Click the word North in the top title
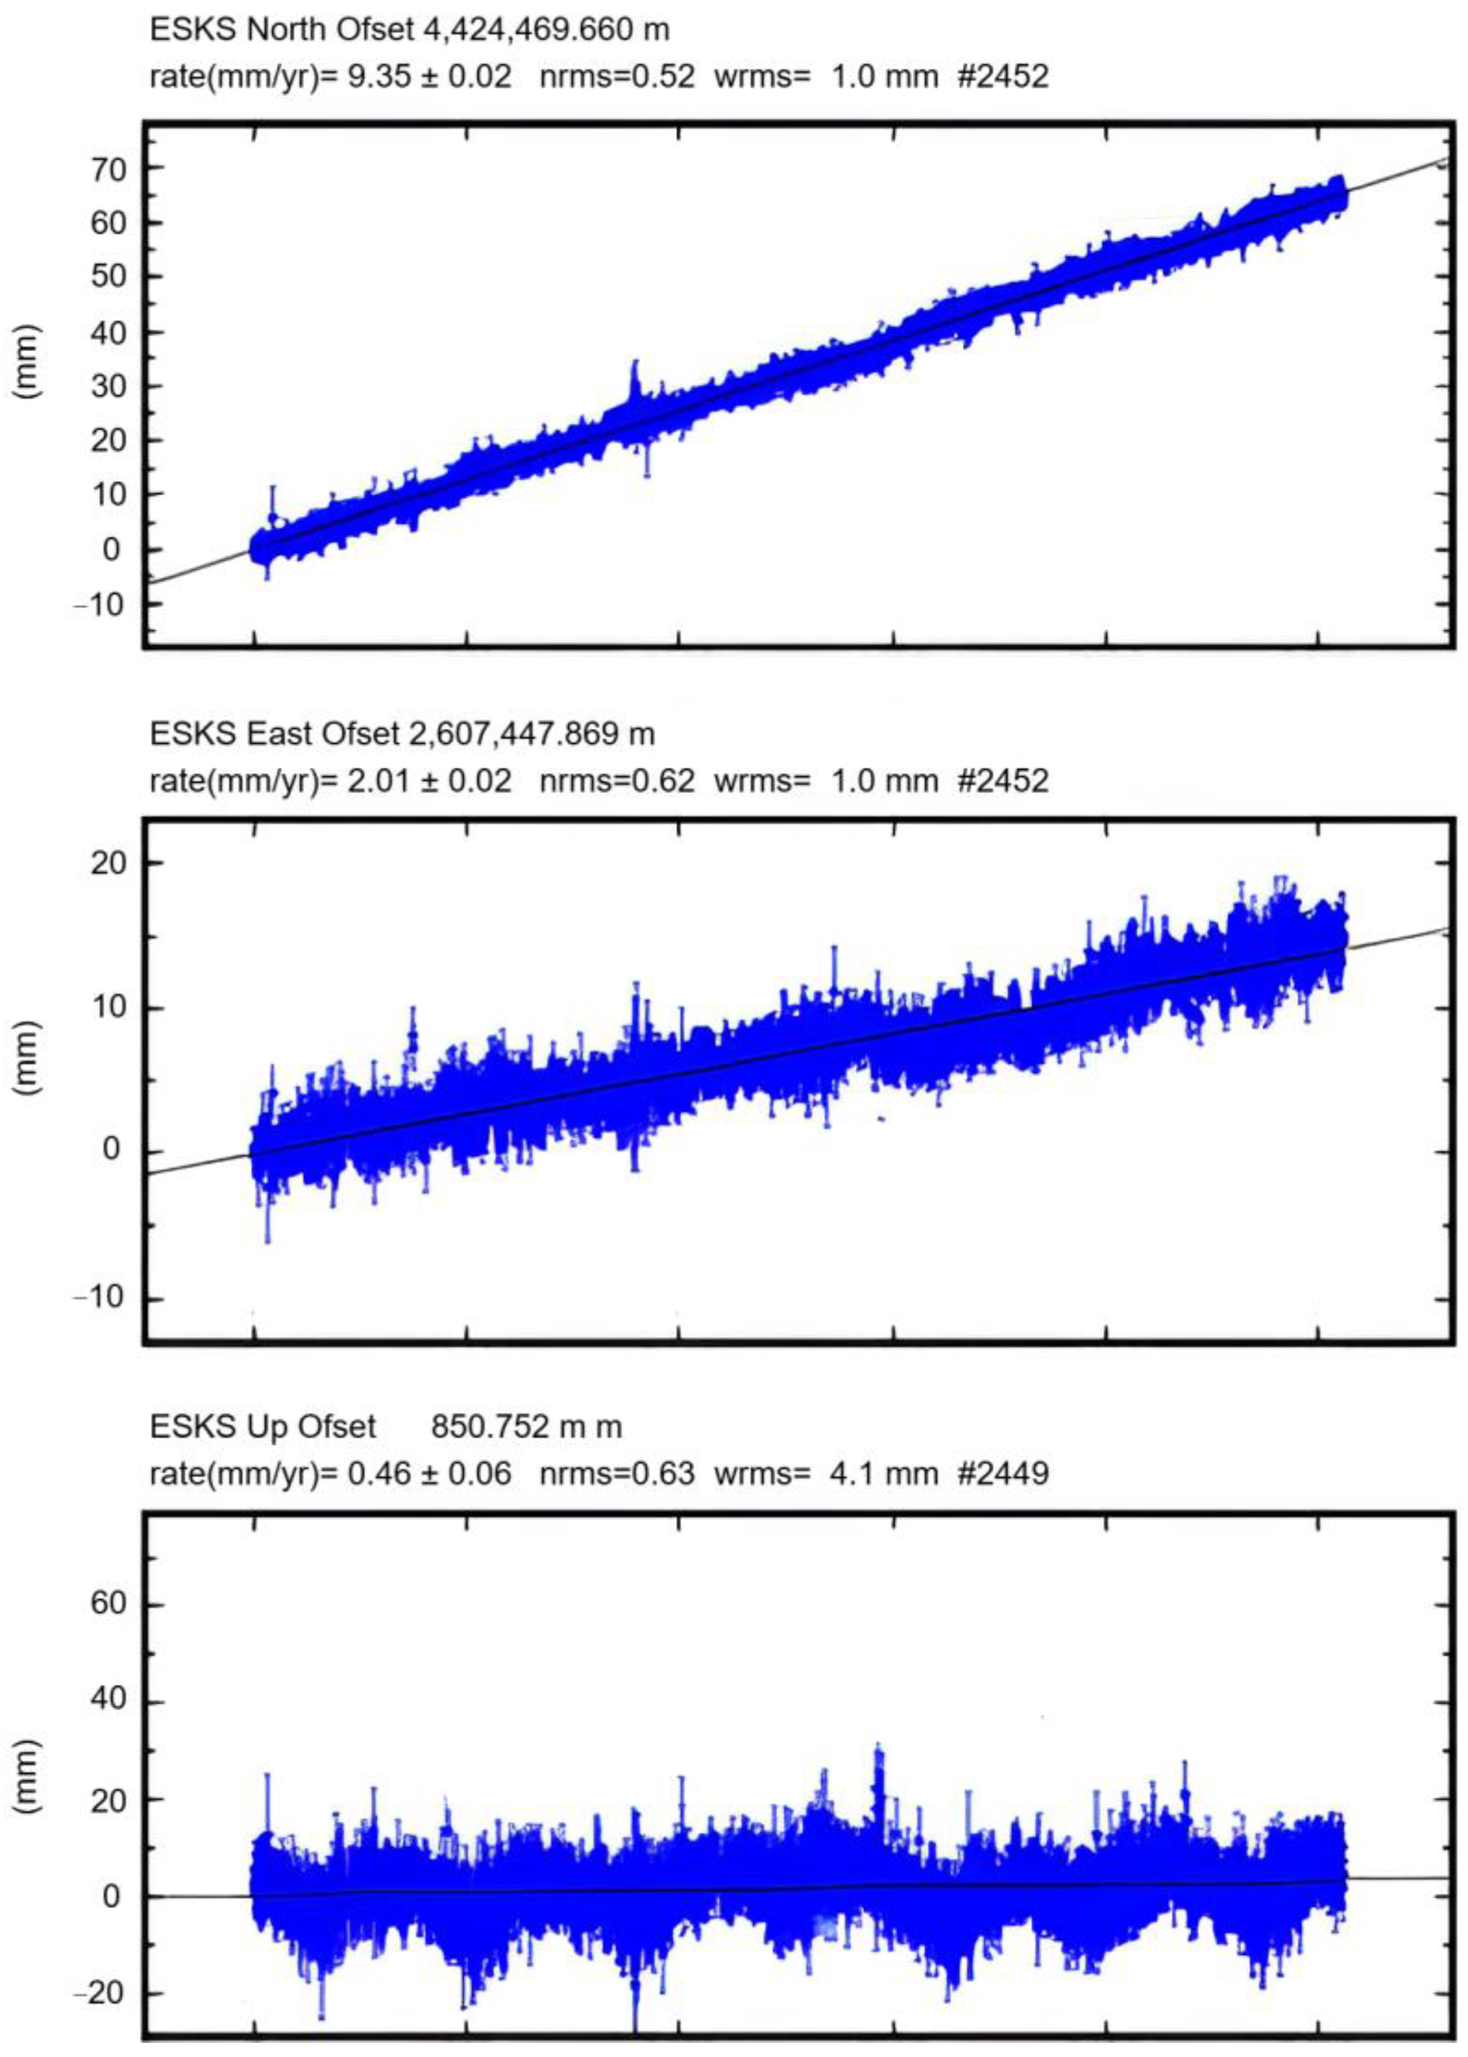286,30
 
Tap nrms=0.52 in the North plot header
617,77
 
